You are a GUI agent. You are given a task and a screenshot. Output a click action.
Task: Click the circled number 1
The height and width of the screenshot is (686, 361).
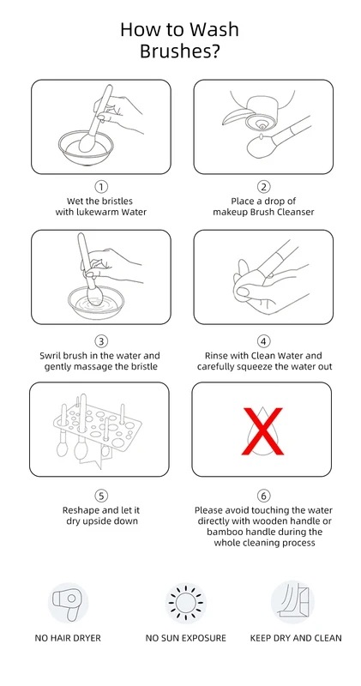point(101,187)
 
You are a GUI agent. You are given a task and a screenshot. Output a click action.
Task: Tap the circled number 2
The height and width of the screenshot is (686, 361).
point(263,187)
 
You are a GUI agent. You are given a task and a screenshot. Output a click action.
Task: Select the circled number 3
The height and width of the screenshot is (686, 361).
point(101,341)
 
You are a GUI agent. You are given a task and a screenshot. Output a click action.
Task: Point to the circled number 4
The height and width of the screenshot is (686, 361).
point(263,341)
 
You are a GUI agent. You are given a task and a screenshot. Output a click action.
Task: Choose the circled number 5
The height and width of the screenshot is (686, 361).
point(101,496)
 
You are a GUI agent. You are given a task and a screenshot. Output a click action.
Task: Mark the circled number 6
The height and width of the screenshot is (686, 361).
point(263,496)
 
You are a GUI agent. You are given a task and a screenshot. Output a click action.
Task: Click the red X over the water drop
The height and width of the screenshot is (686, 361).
point(262,431)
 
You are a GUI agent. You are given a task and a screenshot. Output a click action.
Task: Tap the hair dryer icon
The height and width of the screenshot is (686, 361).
point(68,603)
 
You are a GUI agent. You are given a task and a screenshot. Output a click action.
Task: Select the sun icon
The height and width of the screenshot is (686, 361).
point(186,603)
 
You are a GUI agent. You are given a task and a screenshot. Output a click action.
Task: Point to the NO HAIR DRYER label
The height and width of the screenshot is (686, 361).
point(68,638)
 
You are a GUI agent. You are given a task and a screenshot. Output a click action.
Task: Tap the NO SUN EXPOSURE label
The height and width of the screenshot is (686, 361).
point(186,638)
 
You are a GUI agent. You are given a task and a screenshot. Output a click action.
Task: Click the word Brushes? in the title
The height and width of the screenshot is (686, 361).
point(180,51)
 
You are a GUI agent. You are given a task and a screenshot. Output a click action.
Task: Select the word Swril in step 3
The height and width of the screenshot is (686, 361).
point(50,356)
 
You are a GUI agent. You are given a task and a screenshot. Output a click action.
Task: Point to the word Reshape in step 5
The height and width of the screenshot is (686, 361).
point(79,510)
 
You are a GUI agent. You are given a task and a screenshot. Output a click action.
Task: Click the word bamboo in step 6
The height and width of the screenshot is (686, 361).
point(223,532)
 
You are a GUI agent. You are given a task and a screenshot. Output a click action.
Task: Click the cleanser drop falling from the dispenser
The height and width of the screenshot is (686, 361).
point(262,136)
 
